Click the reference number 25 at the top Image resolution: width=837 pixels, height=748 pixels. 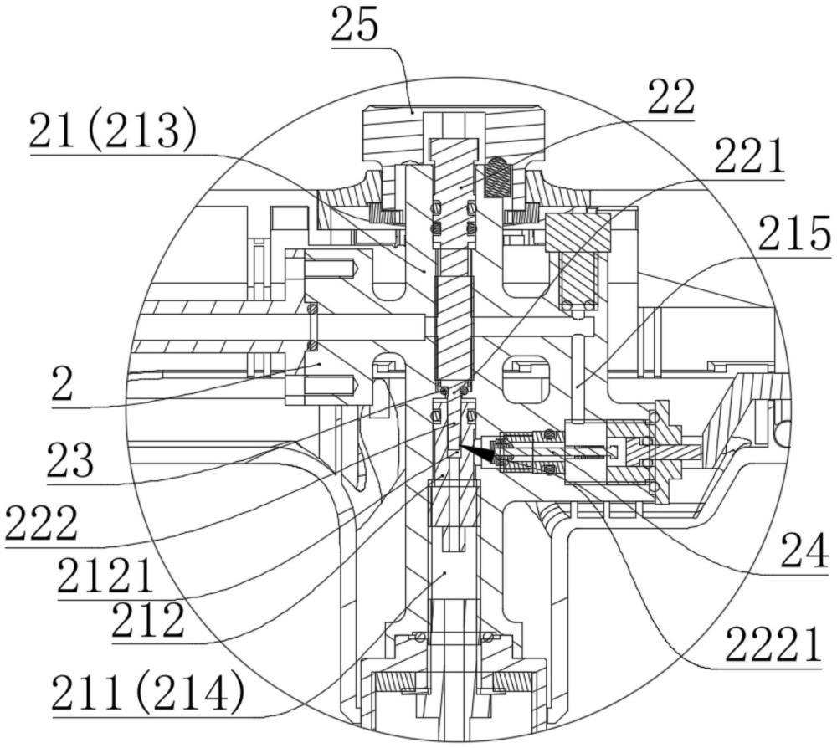354,25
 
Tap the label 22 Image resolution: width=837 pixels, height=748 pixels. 671,97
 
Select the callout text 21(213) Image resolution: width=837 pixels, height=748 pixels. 113,131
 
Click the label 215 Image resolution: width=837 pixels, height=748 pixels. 794,233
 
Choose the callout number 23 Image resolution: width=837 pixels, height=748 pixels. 70,460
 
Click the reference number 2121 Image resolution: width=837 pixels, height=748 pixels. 105,576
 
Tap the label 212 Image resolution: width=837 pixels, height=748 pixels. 148,621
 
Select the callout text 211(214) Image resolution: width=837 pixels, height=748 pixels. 148,692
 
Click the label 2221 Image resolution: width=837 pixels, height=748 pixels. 773,644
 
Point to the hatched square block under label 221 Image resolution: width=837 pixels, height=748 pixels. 578,232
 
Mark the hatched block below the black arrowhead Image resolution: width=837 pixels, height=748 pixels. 454,503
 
